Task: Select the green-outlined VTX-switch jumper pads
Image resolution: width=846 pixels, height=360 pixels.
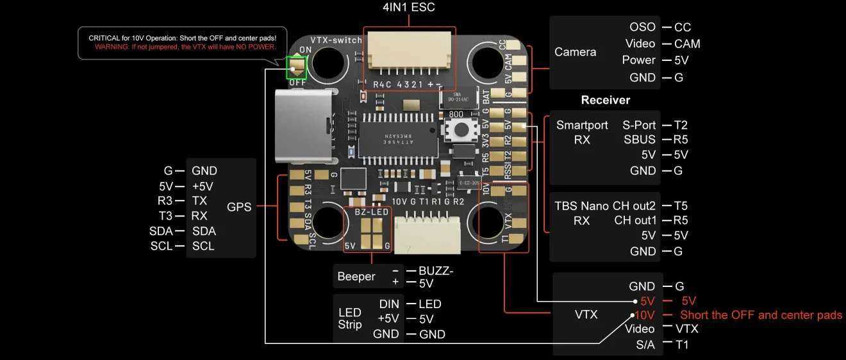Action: pyautogui.click(x=297, y=67)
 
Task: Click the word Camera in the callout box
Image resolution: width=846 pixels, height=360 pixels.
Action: pyautogui.click(x=575, y=52)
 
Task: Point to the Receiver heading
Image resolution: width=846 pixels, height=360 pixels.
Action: pyautogui.click(x=605, y=100)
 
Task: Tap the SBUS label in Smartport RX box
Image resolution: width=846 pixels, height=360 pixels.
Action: pyautogui.click(x=640, y=139)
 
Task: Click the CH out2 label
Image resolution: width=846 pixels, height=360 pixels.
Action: pyautogui.click(x=634, y=206)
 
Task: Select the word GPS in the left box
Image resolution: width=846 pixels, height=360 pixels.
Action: pyautogui.click(x=239, y=207)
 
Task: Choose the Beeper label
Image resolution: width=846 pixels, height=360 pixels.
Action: pyautogui.click(x=356, y=277)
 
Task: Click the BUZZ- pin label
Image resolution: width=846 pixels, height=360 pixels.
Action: pyautogui.click(x=436, y=271)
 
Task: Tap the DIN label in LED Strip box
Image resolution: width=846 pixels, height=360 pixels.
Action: pyautogui.click(x=389, y=304)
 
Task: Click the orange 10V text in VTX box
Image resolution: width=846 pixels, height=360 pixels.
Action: pyautogui.click(x=644, y=315)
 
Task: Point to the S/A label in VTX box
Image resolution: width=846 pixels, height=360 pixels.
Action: pyautogui.click(x=644, y=345)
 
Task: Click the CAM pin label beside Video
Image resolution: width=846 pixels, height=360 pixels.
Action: pyautogui.click(x=687, y=44)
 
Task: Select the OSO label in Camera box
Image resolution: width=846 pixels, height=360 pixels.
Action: pyautogui.click(x=642, y=27)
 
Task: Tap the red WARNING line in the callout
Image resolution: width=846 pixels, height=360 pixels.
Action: pyautogui.click(x=185, y=47)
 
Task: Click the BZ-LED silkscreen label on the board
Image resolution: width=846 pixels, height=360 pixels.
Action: pyautogui.click(x=372, y=211)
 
